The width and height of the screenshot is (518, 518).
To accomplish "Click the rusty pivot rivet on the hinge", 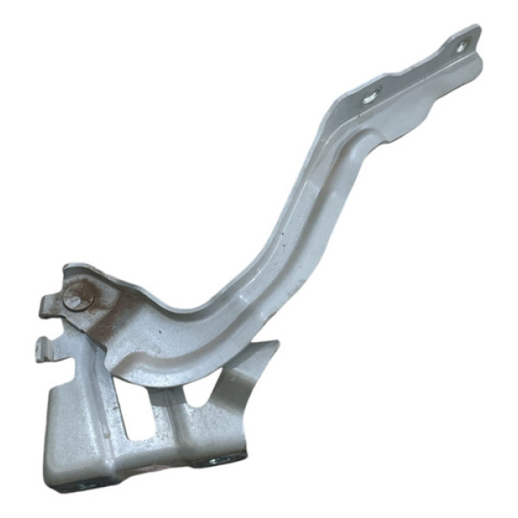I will tap(76, 298).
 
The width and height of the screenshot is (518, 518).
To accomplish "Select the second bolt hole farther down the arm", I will tap(370, 98).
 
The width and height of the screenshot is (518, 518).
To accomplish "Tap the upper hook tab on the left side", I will tap(47, 306).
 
